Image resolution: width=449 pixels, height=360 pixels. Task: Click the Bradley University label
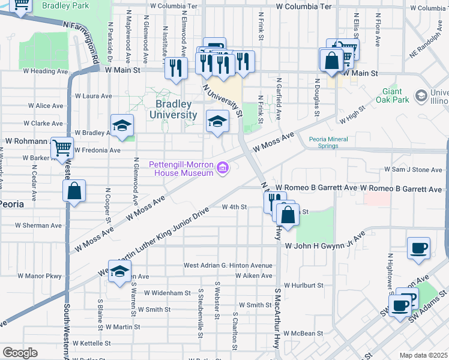pos(172,109)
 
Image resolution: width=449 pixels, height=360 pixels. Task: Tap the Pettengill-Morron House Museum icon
pos(223,168)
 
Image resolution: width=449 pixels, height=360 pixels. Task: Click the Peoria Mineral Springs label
pos(331,142)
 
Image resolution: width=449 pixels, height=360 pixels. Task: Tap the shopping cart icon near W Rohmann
pos(62,148)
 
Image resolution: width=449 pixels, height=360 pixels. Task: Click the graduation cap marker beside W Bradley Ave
pos(122,125)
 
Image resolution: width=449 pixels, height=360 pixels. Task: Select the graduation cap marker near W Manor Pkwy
pos(119,271)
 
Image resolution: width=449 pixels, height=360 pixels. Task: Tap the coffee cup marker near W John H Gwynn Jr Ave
pos(418,248)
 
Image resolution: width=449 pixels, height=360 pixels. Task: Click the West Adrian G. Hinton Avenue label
pos(228,265)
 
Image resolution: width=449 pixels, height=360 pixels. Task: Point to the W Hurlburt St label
pos(304,286)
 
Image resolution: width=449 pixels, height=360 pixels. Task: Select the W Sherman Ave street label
pos(38,226)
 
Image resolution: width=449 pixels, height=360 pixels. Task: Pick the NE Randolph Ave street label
pos(428,47)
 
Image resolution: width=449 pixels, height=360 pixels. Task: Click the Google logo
pos(20,353)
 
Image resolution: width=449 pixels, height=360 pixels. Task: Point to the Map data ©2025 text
pos(423,355)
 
